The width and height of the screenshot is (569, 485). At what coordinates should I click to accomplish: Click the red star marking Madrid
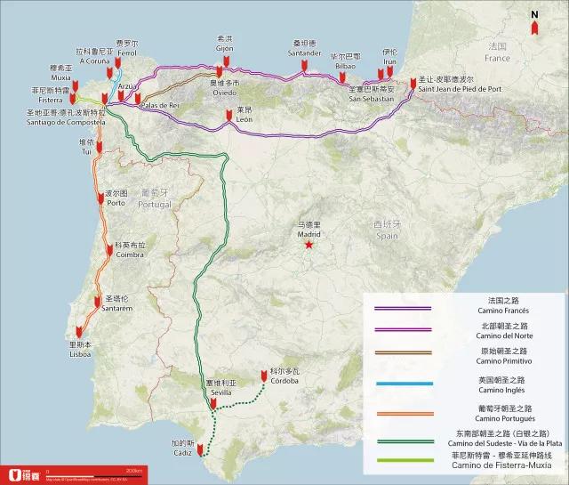click(x=308, y=244)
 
